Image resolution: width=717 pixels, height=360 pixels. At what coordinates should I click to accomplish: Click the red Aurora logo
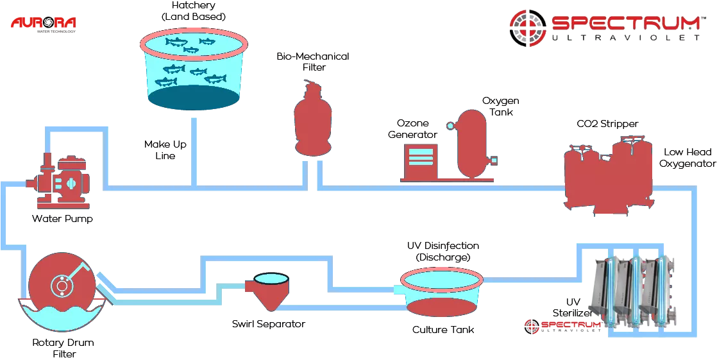[43, 23]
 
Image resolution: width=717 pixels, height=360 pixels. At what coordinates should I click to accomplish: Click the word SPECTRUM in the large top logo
[625, 23]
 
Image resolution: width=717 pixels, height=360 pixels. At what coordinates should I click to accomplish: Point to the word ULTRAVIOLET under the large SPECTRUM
[625, 39]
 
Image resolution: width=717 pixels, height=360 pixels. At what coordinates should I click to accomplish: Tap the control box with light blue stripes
[420, 160]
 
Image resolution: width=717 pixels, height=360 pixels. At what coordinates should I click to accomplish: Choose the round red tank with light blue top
[442, 293]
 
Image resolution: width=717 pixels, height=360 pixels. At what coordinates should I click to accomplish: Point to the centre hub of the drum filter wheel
[60, 285]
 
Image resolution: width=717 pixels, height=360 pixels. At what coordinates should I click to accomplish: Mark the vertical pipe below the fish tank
[194, 151]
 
